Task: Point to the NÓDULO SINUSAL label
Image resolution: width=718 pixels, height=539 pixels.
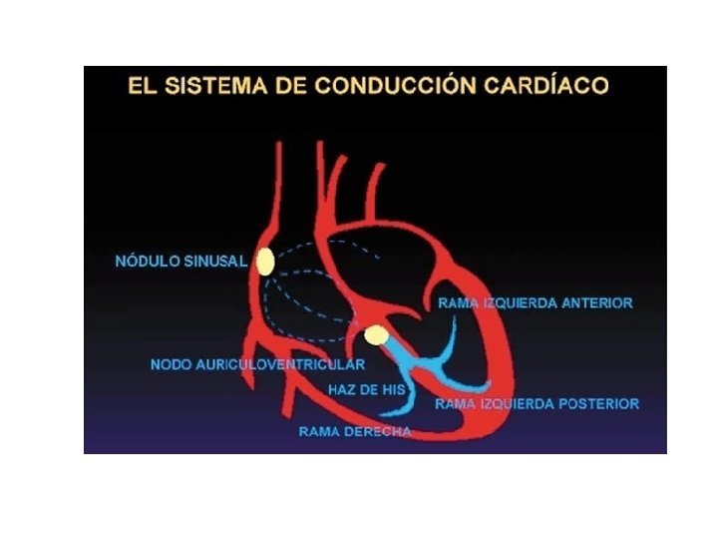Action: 180,262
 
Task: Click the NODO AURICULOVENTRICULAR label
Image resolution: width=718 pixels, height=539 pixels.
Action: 257,364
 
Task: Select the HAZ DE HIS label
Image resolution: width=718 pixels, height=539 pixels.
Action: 367,389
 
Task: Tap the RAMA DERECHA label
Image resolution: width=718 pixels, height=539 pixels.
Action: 355,432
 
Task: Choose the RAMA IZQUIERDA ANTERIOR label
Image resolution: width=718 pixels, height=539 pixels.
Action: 536,302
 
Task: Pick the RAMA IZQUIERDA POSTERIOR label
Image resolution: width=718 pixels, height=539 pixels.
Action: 537,404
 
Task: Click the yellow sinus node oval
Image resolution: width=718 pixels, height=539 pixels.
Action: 265,262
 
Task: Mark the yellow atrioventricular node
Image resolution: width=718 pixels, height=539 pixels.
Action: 376,336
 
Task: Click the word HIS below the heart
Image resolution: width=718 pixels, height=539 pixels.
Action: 392,389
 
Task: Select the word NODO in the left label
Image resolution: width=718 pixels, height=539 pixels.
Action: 171,364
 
